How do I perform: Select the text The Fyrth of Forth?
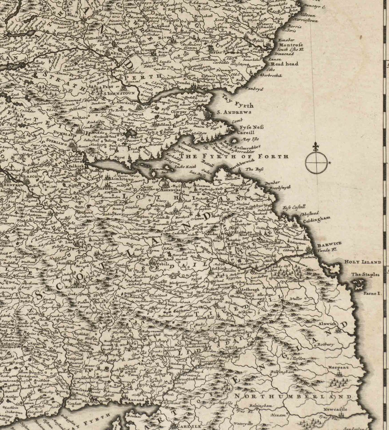coord(234,157)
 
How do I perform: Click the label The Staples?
coord(365,274)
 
